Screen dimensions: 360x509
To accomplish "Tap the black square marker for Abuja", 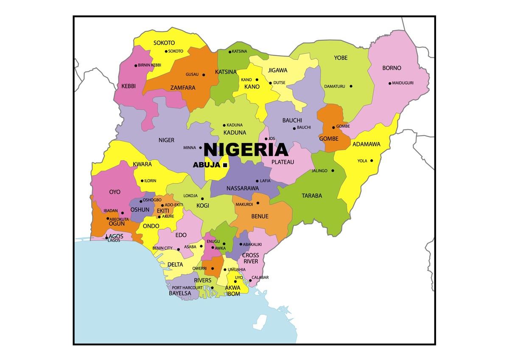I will pos(225,165).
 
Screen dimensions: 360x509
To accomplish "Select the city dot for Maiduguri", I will pos(390,83).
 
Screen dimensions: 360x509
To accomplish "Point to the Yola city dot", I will pos(372,160).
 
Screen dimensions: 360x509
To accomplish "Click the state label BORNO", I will pos(392,68).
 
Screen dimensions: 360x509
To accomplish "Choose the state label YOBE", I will pos(340,58).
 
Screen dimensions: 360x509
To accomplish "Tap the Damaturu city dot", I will pos(351,86).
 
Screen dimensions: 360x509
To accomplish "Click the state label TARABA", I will pos(312,196).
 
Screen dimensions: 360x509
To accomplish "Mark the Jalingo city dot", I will pos(333,171).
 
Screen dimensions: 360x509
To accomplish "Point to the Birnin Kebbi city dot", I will pos(136,65).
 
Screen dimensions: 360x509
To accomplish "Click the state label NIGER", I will pos(166,140).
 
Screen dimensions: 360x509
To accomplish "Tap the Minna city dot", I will pos(200,148).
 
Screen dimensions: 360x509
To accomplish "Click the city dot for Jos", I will pos(266,139).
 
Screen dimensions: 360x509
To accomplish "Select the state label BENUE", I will pos(260,217).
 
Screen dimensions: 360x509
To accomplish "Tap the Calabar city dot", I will pos(250,280).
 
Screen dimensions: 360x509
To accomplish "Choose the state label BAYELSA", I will pos(180,293).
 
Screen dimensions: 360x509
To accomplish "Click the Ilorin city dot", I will pos(142,181).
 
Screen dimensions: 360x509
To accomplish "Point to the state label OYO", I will pos(115,192).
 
